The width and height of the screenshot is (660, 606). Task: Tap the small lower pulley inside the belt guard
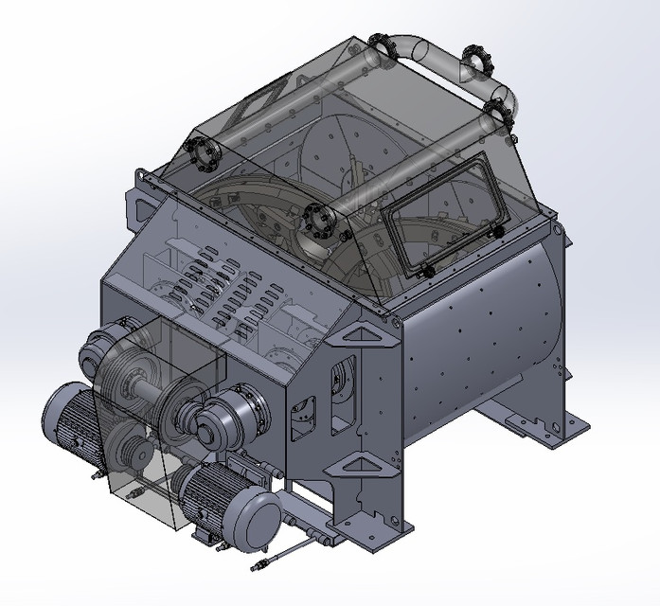click(x=131, y=454)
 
